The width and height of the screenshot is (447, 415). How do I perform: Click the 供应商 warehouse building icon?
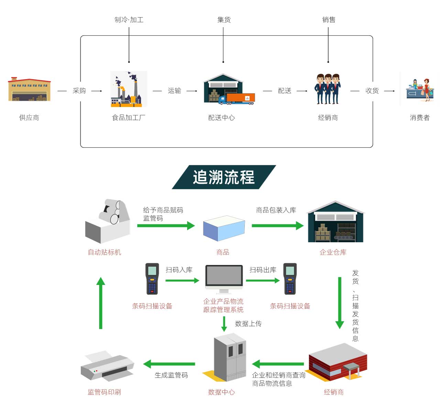[29, 89]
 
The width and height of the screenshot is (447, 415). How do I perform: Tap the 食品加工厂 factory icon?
[128, 89]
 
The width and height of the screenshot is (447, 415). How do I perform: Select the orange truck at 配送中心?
[240, 98]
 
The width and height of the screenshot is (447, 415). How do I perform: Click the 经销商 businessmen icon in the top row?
[328, 89]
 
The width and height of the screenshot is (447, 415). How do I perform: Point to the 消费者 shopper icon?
[420, 89]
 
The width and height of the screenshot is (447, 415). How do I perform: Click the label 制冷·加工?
[129, 20]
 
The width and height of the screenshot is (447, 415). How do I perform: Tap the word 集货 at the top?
[224, 20]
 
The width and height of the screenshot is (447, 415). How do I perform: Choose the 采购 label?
[79, 91]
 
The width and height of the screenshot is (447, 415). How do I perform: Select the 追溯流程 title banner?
[224, 177]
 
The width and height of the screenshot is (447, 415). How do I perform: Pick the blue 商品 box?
[224, 228]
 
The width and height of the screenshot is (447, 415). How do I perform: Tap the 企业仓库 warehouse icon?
[335, 222]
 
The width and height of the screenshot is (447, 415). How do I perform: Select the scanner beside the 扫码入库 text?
[152, 279]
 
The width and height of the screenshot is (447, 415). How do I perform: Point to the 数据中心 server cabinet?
[230, 357]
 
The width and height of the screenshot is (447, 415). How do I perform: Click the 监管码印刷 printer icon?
[107, 366]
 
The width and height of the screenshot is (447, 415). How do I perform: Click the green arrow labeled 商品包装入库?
[277, 226]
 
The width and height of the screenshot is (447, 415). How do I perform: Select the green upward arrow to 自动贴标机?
[101, 303]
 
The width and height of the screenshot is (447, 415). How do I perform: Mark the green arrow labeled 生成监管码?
[169, 364]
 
